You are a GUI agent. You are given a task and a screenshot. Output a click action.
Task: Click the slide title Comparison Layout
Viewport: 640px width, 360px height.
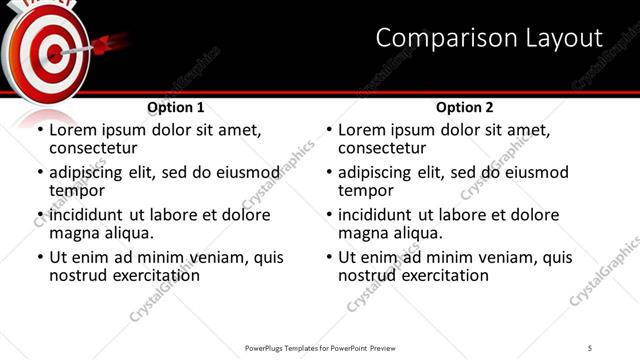tap(489, 39)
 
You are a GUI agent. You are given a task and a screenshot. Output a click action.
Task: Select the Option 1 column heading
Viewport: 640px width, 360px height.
tap(176, 107)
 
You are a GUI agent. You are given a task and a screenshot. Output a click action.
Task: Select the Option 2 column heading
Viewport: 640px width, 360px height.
tap(464, 107)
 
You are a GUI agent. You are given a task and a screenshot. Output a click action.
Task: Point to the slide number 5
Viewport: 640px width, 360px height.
tap(590, 347)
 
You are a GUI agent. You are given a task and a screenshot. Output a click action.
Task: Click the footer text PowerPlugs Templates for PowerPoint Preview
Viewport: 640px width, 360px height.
tap(319, 347)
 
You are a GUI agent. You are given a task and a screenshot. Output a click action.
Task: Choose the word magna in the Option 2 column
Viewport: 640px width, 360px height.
tap(364, 233)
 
